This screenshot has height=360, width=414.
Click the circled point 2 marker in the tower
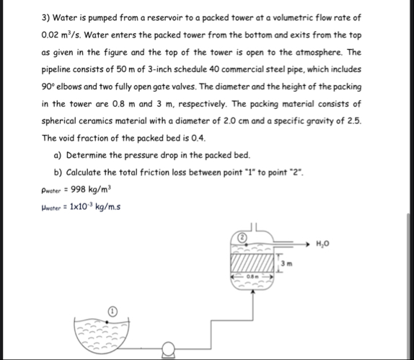coord(245,237)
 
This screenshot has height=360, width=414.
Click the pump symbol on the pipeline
coord(170,353)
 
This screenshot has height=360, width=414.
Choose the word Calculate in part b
coord(90,172)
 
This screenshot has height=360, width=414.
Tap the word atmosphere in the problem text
coord(318,52)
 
